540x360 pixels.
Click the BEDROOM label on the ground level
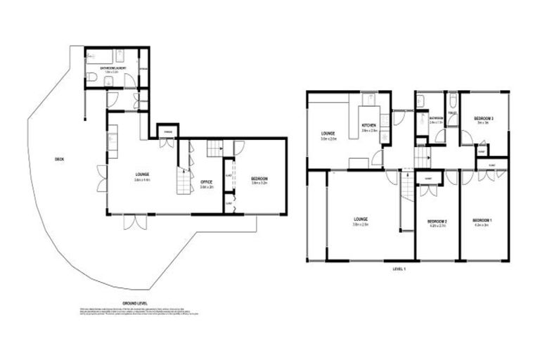[259, 180]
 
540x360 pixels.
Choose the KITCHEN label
[369, 127]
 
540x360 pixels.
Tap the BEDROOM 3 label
[483, 117]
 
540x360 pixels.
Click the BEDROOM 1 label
[482, 222]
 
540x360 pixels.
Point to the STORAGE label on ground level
[168, 132]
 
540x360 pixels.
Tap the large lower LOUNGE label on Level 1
[360, 221]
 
